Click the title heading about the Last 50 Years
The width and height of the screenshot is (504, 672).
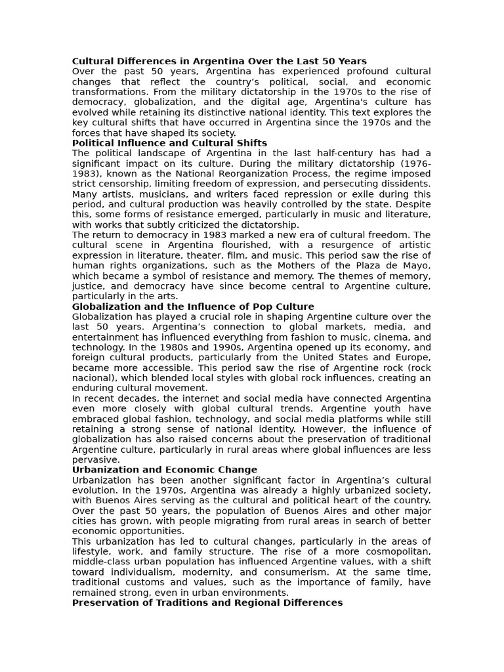click(219, 61)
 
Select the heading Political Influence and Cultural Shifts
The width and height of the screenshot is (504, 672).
click(169, 143)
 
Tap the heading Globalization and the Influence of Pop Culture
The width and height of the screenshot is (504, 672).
click(193, 306)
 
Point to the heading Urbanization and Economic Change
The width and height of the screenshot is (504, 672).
click(164, 470)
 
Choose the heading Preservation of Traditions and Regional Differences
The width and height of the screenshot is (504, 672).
click(207, 602)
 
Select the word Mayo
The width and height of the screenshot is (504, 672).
click(416, 266)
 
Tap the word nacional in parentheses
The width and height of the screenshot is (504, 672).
click(94, 378)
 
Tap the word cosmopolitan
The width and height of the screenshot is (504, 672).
click(396, 552)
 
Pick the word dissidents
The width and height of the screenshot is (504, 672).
click(408, 184)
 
